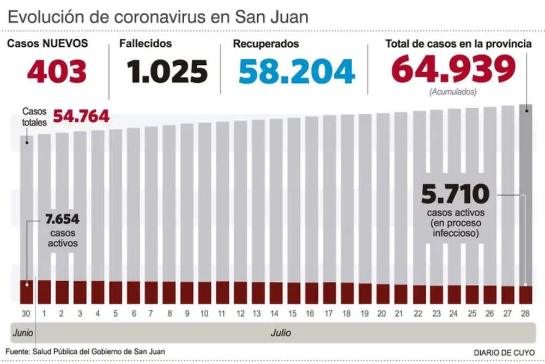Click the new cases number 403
point(57,71)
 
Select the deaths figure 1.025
point(167,71)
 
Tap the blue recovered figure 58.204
point(296,71)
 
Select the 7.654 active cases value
point(62,220)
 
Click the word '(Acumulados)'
point(452,92)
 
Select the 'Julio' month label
point(281,332)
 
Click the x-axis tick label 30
point(26,313)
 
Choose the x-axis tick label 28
point(525,313)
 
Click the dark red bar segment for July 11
point(222,293)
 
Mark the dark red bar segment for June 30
point(26,292)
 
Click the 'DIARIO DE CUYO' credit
point(504,352)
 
